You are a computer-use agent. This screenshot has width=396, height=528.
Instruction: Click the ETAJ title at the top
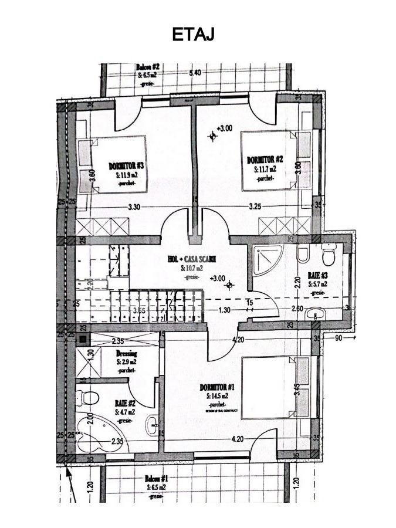click(193, 35)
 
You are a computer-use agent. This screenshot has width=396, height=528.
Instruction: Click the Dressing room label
click(126, 354)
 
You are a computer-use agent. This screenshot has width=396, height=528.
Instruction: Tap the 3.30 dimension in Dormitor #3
click(134, 207)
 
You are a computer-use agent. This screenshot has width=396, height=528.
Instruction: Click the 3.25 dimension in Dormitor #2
click(255, 207)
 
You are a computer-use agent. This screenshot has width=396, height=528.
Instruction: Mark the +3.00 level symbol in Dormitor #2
click(213, 136)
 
